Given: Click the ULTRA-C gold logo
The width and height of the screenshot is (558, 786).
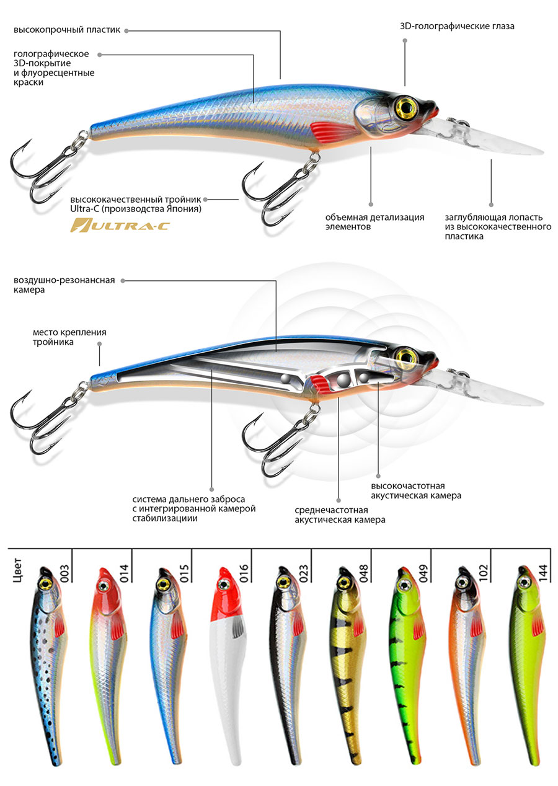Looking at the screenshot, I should pos(119,225).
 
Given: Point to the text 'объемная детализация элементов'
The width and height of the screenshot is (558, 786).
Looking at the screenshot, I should pos(374,222).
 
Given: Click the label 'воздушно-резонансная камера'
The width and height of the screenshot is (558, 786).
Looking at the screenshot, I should pos(64,285).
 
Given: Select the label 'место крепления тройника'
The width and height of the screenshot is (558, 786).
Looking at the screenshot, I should pos(69,337).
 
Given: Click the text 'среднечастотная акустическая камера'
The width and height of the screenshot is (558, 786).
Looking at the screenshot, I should pos(340,514).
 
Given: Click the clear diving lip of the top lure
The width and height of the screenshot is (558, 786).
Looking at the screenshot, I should pos(490,139).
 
